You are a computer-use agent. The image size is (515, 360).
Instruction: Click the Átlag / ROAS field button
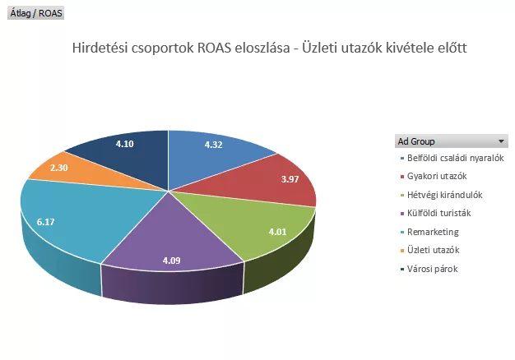(x=35, y=14)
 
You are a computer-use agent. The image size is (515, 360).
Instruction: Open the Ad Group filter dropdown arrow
(x=501, y=141)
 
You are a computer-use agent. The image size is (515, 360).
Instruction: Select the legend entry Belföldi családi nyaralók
(x=455, y=157)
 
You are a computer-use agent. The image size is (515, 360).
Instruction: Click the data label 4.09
(x=172, y=261)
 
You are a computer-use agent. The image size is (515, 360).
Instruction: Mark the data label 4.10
(x=125, y=144)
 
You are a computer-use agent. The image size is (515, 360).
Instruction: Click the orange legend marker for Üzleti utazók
(x=401, y=250)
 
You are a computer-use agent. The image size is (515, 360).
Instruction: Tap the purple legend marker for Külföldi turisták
(x=401, y=213)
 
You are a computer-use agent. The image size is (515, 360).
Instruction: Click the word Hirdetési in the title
(x=100, y=47)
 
